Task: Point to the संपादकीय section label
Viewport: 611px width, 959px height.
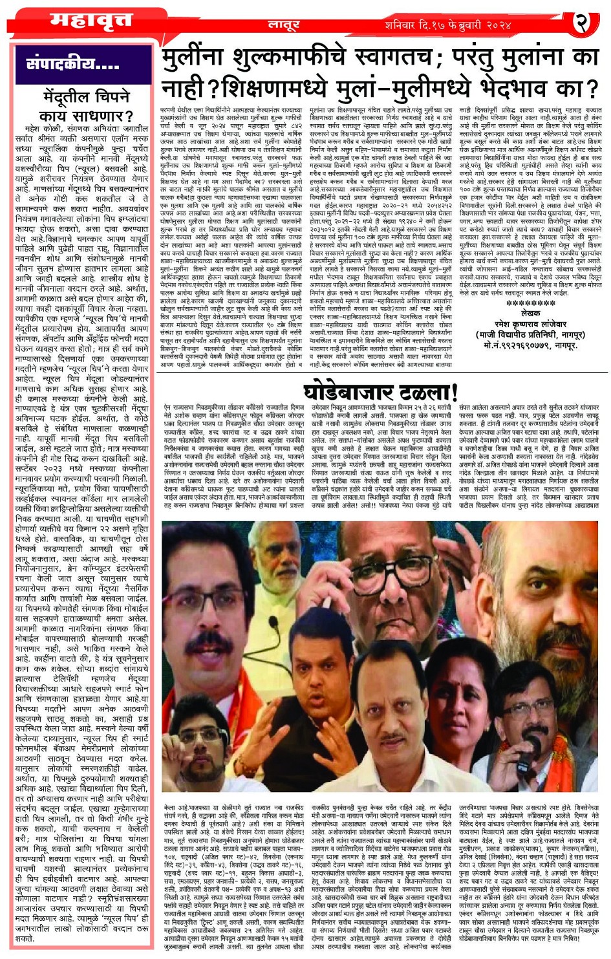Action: coord(73,64)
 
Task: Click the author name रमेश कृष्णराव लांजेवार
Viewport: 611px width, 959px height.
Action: coord(531,324)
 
